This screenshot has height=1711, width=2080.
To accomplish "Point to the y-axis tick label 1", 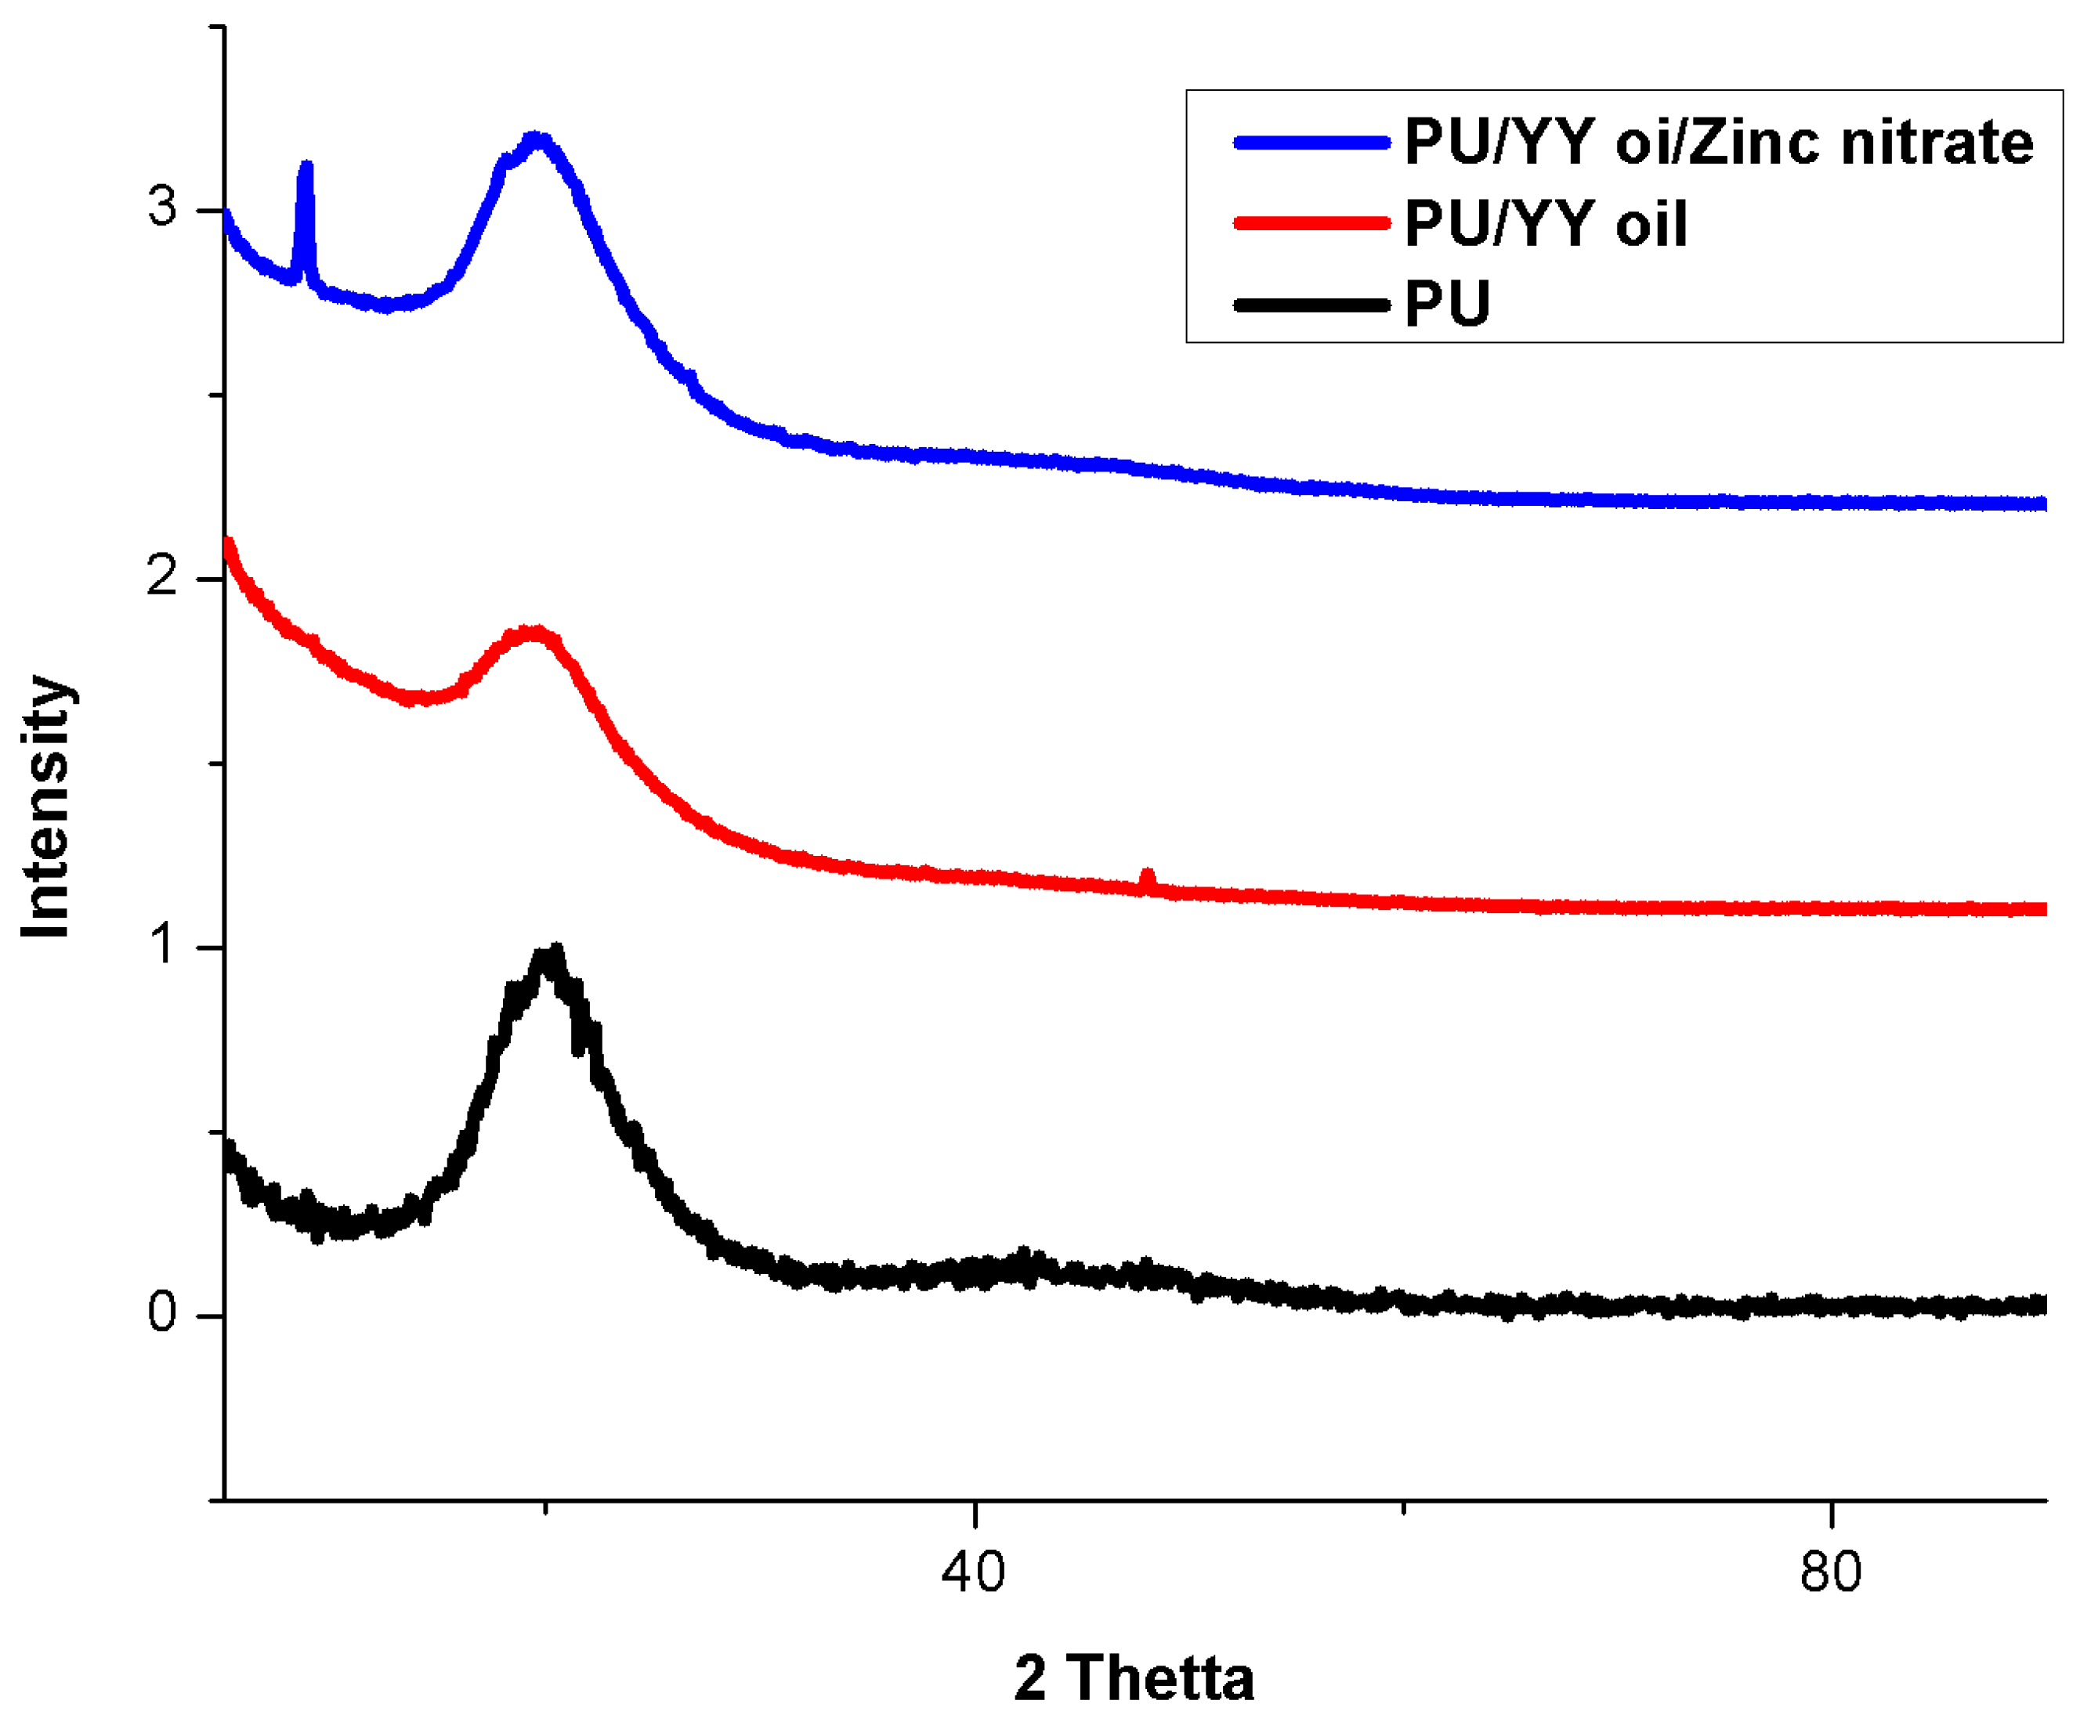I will point(164,945).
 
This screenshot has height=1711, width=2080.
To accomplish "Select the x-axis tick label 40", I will point(973,1573).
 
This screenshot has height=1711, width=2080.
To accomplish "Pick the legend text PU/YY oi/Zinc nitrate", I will point(1718,143).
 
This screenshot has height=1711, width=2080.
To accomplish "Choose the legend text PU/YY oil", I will point(1546,224).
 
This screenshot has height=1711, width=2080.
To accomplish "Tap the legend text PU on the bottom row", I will point(1447,304).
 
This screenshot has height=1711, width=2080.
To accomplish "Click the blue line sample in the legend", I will point(1311,143).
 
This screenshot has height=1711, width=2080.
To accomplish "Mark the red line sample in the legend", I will point(1311,224).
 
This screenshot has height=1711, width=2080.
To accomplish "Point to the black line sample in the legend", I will point(1311,305).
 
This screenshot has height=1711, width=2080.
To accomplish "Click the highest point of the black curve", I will point(555,953).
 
